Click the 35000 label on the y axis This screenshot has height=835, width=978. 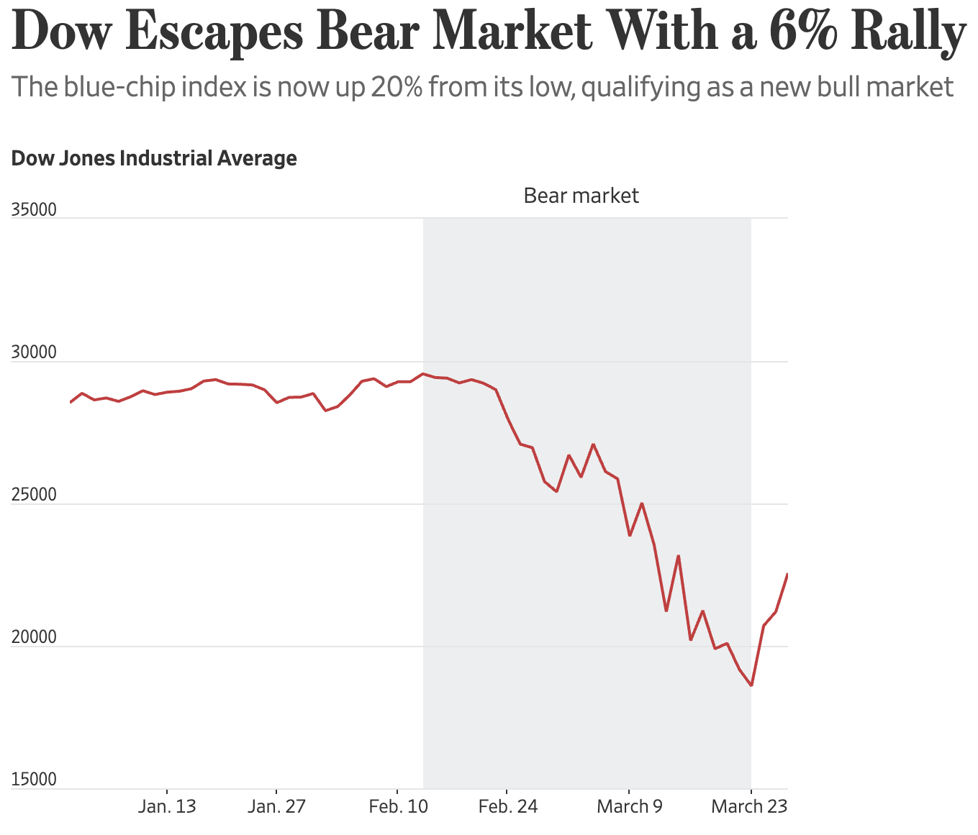34,210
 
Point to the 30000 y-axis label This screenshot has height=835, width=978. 34,353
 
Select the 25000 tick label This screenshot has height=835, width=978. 34,496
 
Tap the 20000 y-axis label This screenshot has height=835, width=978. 34,638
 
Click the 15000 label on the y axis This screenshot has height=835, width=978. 34,780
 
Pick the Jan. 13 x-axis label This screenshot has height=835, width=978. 167,807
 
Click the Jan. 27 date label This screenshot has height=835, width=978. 277,807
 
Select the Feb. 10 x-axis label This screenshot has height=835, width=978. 398,807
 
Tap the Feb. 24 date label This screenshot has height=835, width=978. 507,807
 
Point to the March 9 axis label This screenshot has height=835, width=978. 630,807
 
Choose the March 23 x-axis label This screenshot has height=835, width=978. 749,807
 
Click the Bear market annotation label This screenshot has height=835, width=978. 581,196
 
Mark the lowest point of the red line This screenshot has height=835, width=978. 751,685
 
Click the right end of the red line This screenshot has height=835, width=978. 787,574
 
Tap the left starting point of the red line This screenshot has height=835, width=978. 71,402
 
